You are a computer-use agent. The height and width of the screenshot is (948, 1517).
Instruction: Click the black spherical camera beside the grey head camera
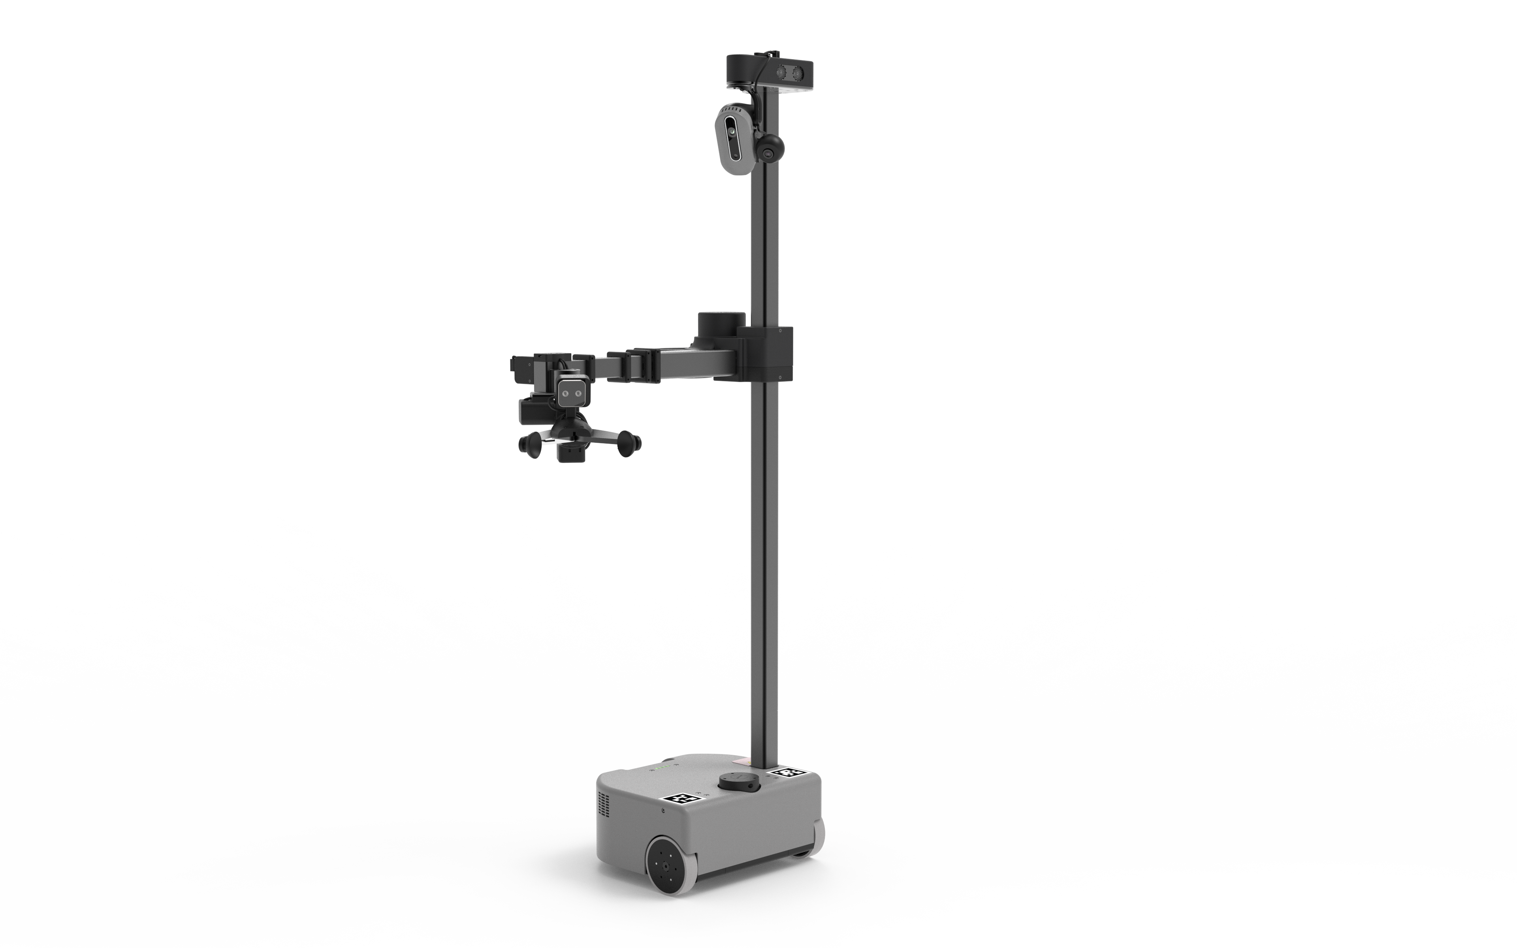pyautogui.click(x=770, y=149)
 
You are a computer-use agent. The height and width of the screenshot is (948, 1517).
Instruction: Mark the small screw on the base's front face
pyautogui.click(x=663, y=810)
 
